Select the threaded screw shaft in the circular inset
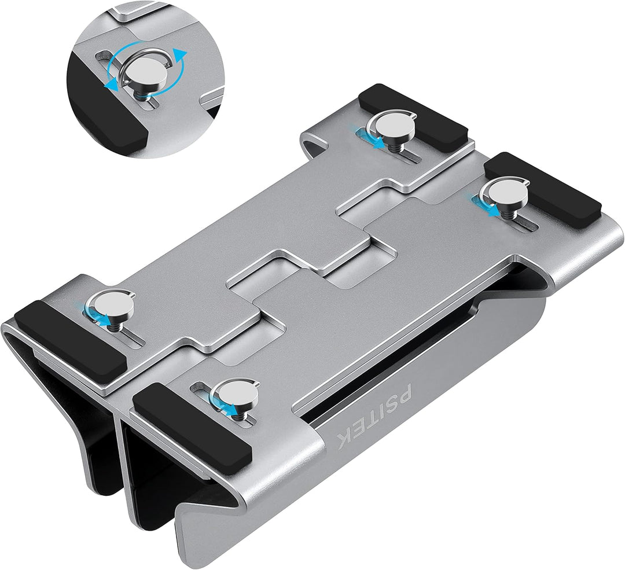[142, 95]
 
